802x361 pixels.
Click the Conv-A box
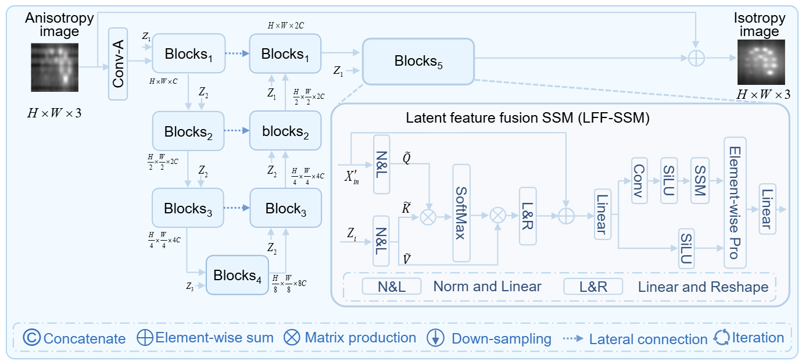point(118,63)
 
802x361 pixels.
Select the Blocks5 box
point(418,61)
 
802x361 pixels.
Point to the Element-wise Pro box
point(735,202)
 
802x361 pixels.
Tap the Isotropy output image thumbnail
point(761,63)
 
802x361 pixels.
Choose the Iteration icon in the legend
point(721,338)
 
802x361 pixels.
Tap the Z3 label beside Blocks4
point(190,285)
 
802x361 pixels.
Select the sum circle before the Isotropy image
point(695,59)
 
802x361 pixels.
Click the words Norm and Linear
point(487,286)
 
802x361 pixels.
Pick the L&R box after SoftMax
point(528,216)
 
